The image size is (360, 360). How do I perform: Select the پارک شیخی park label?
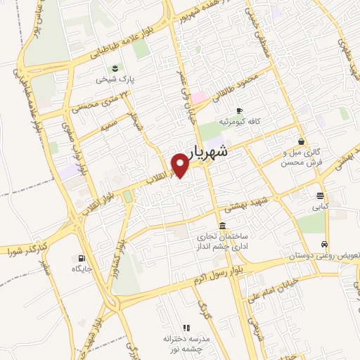tap(114, 80)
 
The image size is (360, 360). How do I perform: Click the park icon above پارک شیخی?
tap(114, 68)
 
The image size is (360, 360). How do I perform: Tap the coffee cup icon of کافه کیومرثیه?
tap(239, 111)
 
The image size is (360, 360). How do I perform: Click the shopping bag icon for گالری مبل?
tap(301, 141)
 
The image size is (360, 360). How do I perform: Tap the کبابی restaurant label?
tap(321, 207)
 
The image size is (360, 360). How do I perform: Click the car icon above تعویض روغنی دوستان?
tap(323, 244)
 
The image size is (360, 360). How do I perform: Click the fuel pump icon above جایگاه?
tap(82, 257)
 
